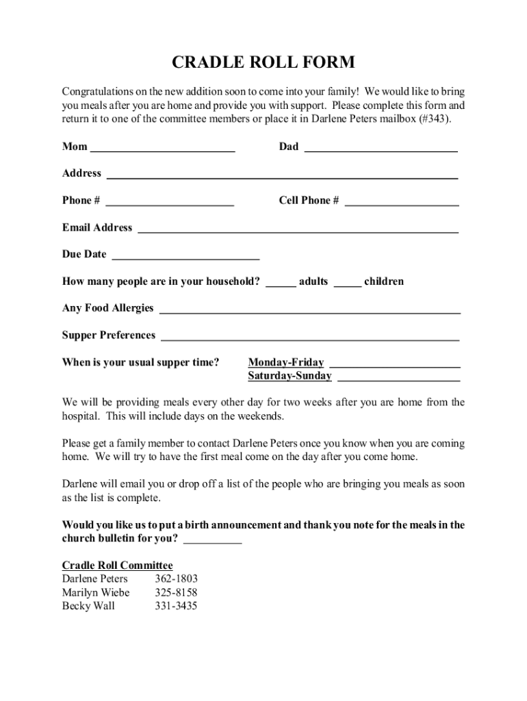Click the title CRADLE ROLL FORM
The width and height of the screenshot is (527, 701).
(263, 63)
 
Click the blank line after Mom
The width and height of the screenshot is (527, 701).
(163, 147)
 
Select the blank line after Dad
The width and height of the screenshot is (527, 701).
(381, 147)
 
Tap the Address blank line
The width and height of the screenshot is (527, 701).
(282, 174)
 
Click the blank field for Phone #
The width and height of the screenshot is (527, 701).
(170, 201)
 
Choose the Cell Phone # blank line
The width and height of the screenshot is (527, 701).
(402, 201)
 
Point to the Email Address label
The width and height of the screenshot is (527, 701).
(97, 228)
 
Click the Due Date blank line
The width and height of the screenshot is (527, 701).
(185, 255)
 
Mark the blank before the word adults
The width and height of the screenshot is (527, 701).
(281, 282)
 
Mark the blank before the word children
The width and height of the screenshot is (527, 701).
(348, 282)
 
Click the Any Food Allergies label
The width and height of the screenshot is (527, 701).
(108, 309)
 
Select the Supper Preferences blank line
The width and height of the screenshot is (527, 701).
(310, 336)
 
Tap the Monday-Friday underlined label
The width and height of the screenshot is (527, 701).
(286, 363)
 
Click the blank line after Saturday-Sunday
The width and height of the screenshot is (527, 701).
(399, 377)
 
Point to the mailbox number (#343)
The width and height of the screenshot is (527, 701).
(433, 118)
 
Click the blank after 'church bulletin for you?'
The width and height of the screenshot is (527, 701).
(213, 539)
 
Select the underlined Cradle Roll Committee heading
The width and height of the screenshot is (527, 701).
(118, 565)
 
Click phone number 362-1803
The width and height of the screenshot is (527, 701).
(176, 579)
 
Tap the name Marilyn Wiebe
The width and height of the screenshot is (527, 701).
(96, 593)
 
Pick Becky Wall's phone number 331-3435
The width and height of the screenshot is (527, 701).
(176, 607)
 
